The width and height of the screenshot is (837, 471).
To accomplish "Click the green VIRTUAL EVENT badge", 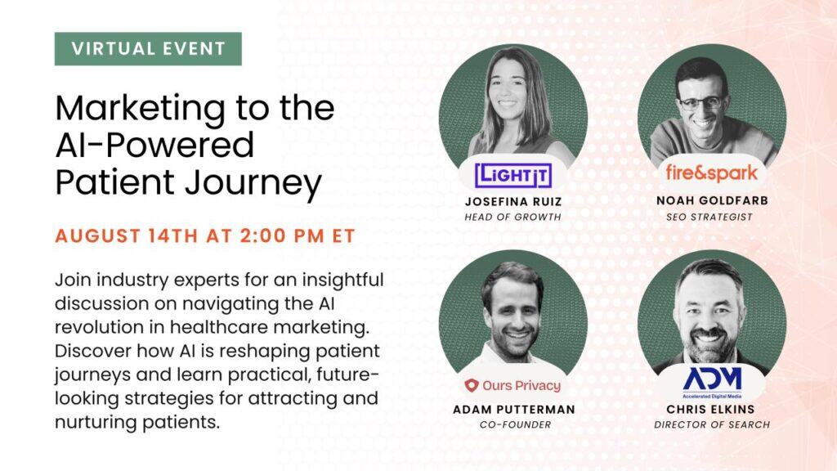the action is [148, 48].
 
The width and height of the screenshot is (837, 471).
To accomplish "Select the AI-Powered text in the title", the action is [154, 146].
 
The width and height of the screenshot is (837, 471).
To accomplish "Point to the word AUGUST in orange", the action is [98, 236].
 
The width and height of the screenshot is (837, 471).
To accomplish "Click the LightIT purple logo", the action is [513, 175].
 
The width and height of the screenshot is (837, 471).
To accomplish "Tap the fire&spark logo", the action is [711, 173].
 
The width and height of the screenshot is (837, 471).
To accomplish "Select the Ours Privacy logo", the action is [512, 385].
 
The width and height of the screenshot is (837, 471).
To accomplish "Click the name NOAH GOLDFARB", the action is [712, 201].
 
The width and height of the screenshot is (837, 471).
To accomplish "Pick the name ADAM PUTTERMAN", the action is [514, 410].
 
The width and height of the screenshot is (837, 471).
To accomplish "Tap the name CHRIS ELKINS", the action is [710, 410].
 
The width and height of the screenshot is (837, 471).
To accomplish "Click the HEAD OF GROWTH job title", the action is [513, 217].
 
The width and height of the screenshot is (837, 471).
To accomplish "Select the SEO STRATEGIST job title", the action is [709, 217].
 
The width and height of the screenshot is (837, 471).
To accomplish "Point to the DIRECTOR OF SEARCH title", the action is [712, 424].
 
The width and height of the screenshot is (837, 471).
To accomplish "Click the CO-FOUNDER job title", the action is [515, 424].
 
